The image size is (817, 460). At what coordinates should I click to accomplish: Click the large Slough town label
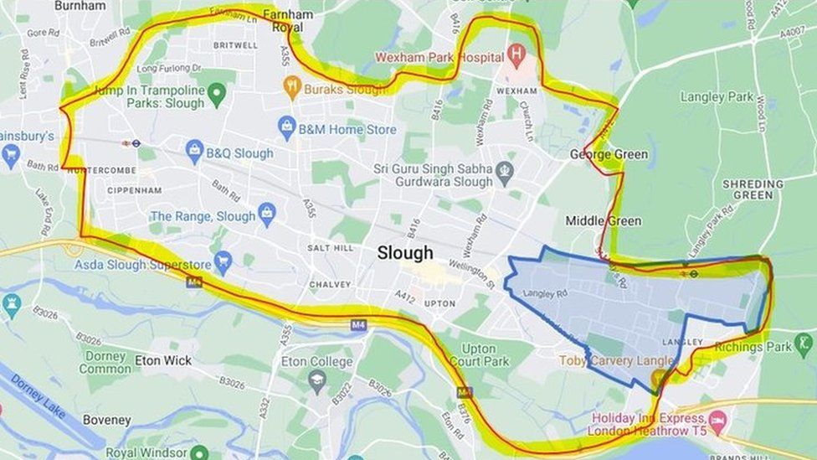405,253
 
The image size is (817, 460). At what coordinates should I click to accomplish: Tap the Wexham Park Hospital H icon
516,57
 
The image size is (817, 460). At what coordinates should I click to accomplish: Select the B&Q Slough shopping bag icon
195,152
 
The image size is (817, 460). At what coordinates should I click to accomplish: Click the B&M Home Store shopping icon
287,129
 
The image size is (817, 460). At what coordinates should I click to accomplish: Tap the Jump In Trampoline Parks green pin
217,94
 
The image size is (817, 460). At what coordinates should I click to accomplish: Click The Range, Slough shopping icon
267,215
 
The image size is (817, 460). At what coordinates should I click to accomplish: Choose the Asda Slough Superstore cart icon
223,264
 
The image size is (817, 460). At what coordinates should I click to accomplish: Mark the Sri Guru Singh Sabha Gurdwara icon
504,173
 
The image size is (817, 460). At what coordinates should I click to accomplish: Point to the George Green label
609,154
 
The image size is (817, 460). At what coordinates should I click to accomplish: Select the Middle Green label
603,221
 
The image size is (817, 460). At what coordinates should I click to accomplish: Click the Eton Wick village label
163,360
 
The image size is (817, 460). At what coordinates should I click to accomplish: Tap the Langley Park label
717,97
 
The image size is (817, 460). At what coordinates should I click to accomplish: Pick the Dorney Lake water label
38,396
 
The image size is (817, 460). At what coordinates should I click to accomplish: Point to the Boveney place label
106,420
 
